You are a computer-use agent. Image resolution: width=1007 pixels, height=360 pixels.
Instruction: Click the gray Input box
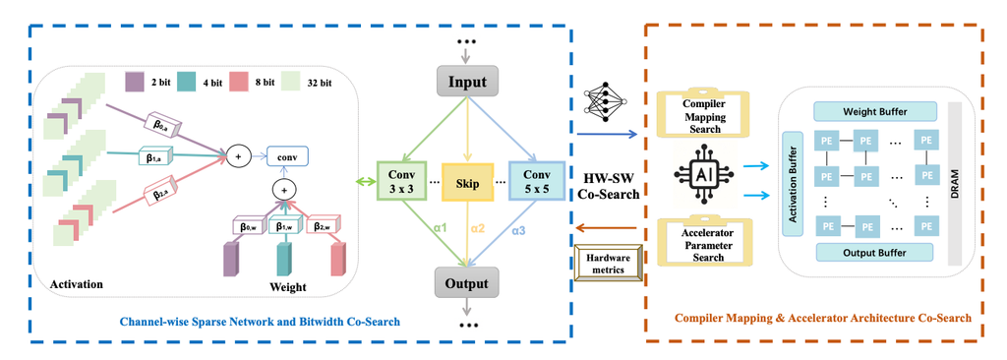[468, 79]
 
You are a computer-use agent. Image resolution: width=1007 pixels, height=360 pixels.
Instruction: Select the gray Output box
[468, 283]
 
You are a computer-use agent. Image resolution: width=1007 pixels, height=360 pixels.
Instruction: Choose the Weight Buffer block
[873, 112]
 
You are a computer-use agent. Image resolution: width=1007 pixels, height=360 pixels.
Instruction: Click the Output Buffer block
[873, 252]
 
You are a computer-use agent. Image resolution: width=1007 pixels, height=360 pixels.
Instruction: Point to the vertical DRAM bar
[953, 182]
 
